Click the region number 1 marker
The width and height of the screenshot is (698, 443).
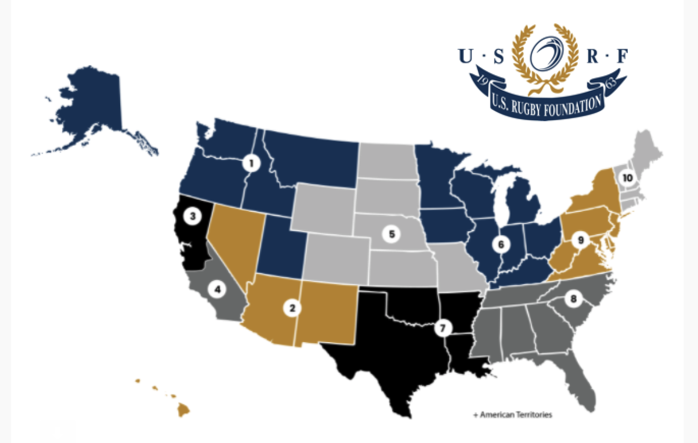pos(251,163)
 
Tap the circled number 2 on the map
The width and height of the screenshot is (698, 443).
pos(292,308)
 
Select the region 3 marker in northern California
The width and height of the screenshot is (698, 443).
pos(192,216)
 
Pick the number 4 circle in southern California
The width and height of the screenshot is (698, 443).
pos(218,290)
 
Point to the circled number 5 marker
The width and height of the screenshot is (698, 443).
pos(392,235)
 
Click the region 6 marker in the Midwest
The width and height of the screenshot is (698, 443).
pos(501,245)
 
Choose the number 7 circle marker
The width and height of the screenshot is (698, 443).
pos(442,328)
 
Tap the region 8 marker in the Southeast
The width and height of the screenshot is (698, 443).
pos(573,299)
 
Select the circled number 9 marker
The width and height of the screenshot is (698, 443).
pos(580,239)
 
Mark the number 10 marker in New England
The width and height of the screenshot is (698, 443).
pos(627,178)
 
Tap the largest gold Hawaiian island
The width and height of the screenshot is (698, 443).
pos(183,410)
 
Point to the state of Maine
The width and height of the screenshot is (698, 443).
pos(647,150)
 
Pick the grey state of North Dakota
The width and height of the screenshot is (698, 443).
pos(386,160)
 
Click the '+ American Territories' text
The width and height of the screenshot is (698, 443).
pos(513,415)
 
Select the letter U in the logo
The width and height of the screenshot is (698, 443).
pos(465,56)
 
